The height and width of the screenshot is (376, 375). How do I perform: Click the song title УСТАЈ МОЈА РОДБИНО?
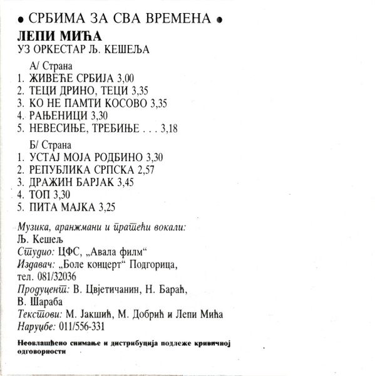coord(78,157)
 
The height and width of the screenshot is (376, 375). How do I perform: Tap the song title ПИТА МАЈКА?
coord(59,207)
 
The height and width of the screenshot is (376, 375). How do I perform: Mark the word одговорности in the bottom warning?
coord(43,351)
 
